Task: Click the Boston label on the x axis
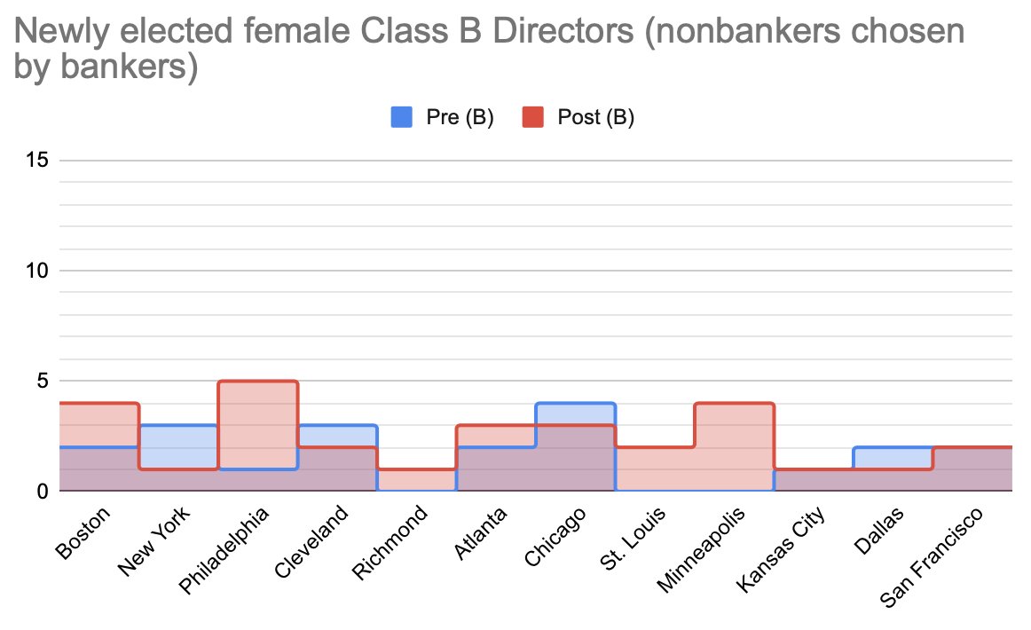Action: pos(83,532)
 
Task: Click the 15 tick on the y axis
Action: pos(35,161)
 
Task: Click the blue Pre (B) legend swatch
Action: pos(401,117)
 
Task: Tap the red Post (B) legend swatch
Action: pos(532,117)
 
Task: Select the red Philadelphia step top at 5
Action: pos(258,382)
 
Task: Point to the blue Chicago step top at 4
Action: pos(575,404)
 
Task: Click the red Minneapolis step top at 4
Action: pos(734,404)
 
